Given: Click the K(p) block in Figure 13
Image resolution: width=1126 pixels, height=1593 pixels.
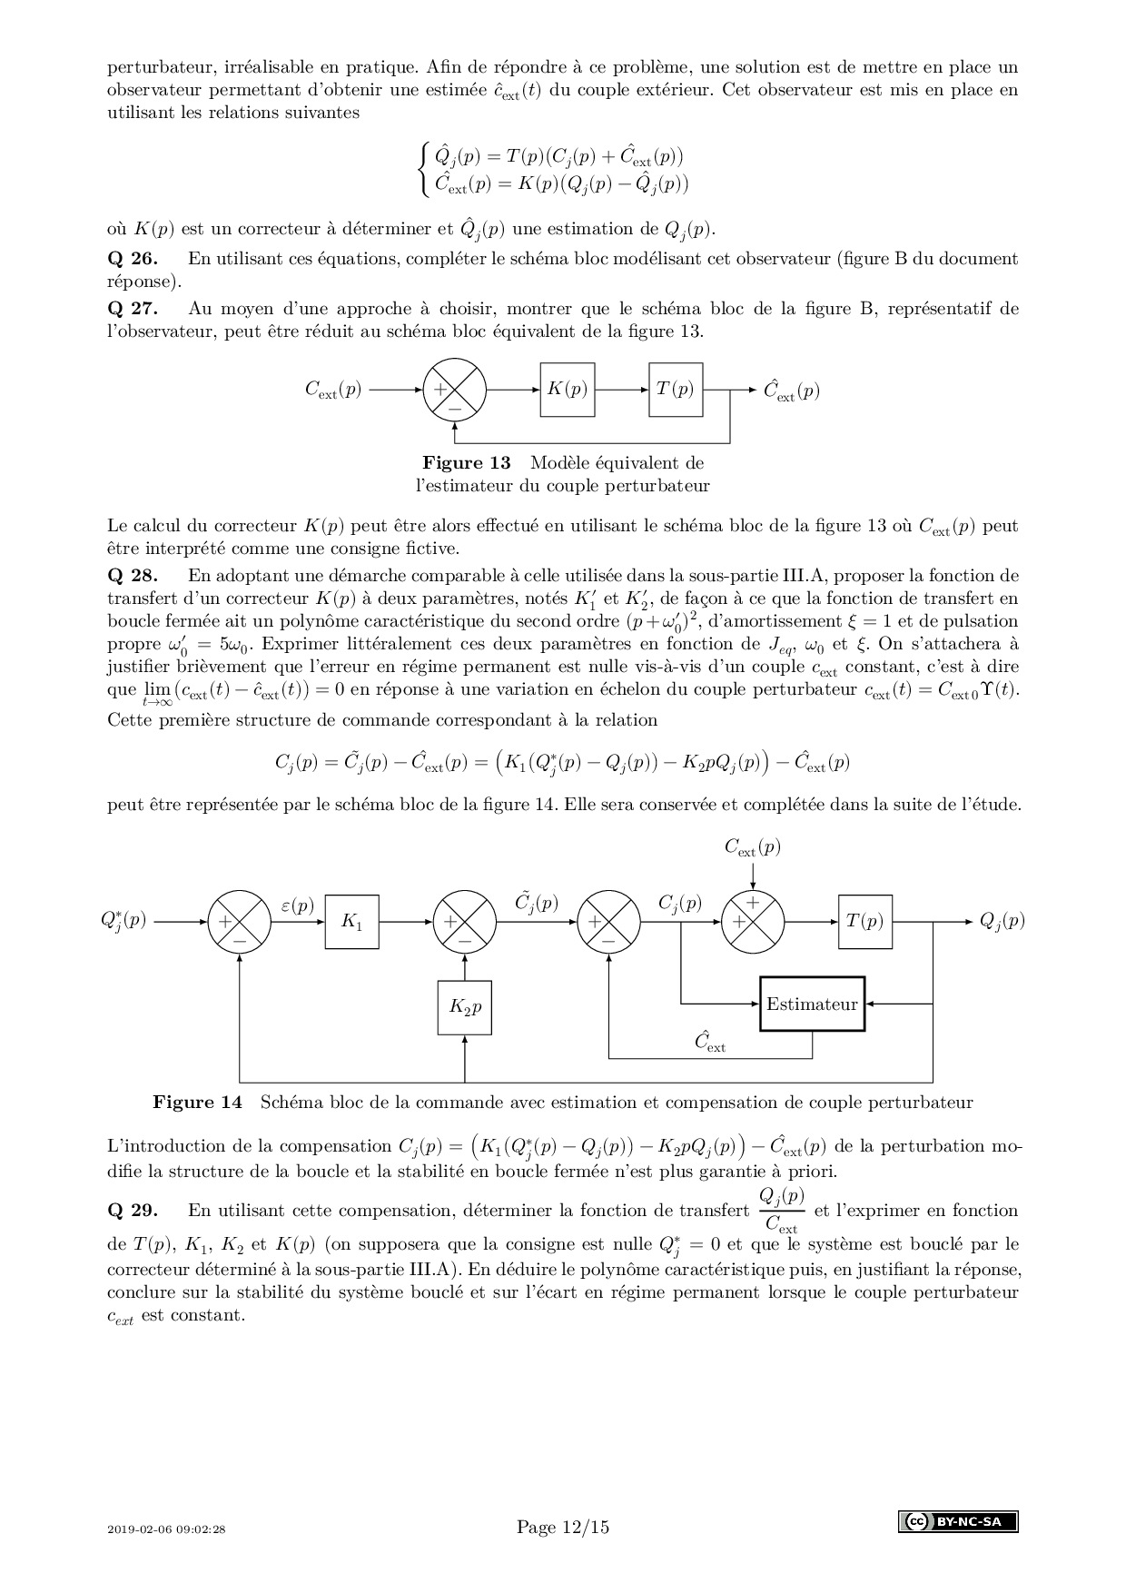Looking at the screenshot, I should pyautogui.click(x=568, y=390).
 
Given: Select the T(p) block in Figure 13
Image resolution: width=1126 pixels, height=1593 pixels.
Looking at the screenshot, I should pyautogui.click(x=676, y=390).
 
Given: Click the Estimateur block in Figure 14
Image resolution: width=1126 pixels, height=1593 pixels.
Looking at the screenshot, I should pyautogui.click(x=812, y=1004).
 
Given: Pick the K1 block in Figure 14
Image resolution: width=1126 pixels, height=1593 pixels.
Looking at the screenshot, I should pyautogui.click(x=352, y=922).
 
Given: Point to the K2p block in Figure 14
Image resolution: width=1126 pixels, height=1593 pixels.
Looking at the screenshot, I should pyautogui.click(x=465, y=1007).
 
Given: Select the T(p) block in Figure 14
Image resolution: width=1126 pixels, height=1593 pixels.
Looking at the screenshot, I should pyautogui.click(x=864, y=922).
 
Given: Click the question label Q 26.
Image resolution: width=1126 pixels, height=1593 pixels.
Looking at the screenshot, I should pyautogui.click(x=133, y=259).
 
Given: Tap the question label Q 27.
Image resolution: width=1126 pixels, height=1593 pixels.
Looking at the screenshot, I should pyautogui.click(x=133, y=309).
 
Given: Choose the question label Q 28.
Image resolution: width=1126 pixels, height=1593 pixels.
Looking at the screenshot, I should pyautogui.click(x=133, y=576).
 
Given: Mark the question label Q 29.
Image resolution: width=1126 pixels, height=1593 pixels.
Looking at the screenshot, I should pyautogui.click(x=133, y=1211).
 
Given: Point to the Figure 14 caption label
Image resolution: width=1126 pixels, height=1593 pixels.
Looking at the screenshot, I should pyautogui.click(x=198, y=1103).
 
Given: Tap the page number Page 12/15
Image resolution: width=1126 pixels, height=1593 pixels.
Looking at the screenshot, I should pyautogui.click(x=563, y=1527).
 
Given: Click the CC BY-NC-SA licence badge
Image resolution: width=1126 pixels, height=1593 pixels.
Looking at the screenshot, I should pyautogui.click(x=958, y=1522).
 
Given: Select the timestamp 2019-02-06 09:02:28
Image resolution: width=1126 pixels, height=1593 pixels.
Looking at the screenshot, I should pyautogui.click(x=166, y=1529).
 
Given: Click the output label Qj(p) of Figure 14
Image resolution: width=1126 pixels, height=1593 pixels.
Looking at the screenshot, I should pyautogui.click(x=1002, y=921).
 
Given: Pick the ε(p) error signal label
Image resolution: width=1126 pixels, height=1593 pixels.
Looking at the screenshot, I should pyautogui.click(x=297, y=905).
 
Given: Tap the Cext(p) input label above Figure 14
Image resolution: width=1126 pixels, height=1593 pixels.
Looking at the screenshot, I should pyautogui.click(x=752, y=848).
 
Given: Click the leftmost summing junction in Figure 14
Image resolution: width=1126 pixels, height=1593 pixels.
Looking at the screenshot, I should pyautogui.click(x=240, y=922).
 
